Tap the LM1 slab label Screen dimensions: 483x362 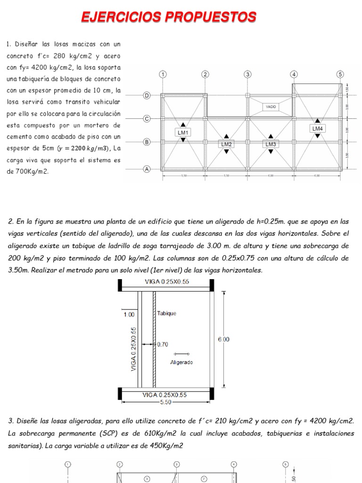pos(182,133)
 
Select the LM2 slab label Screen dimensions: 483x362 pos(227,144)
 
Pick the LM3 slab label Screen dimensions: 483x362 pos(270,144)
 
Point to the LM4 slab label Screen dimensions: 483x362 pos(317,128)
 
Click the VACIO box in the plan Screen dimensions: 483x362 pos(271,107)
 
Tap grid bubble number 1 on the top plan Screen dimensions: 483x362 pos(163,75)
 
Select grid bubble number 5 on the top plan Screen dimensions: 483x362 pos(340,75)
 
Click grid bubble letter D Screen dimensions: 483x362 pos(147,96)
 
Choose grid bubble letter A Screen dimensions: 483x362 pos(147,169)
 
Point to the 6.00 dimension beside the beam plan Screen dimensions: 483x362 pos(223,339)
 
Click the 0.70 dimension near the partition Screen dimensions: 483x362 pos(162,345)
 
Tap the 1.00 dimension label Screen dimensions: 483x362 pos(129,314)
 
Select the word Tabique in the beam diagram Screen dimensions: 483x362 pos(167,314)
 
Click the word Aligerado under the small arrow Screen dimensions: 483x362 pos(181,362)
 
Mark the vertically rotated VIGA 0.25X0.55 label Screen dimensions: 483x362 pos(134,348)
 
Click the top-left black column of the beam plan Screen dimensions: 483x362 pos(120,285)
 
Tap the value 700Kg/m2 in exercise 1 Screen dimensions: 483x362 pos(31,172)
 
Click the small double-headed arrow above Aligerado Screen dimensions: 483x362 pos(181,353)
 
